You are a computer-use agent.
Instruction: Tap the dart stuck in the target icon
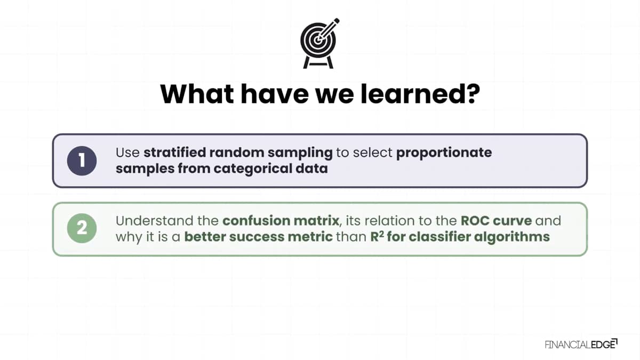coord(328,29)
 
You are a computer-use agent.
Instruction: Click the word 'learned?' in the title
coord(420,94)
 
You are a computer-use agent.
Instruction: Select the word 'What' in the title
coord(197,94)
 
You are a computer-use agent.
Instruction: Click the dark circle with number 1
coord(82,161)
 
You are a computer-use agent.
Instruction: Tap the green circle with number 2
coord(82,228)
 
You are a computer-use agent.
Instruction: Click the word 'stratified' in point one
coord(174,153)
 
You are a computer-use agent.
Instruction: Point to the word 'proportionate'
coord(444,153)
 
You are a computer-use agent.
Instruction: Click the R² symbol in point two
coord(377,237)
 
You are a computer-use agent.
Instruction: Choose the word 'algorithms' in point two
coord(512,237)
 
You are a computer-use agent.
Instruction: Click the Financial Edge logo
coord(581,345)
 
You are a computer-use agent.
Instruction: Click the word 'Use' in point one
coord(127,153)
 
